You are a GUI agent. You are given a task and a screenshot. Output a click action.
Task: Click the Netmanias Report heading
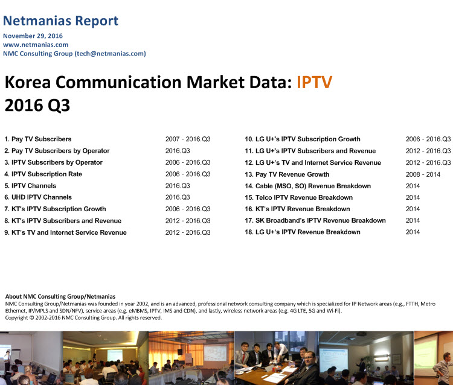coord(60,21)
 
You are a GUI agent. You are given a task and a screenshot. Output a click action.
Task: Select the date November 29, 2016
coord(33,36)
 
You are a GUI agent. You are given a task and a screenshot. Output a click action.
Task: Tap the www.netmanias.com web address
coord(36,45)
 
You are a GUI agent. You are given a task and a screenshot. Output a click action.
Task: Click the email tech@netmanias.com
coord(111,54)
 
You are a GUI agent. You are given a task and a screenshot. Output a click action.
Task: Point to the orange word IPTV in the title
coord(314,82)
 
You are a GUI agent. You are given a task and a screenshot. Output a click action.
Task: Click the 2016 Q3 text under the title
coord(37,105)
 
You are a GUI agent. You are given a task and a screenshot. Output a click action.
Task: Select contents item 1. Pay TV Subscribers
coord(38,139)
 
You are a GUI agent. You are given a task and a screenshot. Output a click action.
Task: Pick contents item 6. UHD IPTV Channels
coord(38,197)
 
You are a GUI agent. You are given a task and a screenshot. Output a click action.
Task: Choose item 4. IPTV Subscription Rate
coord(43,174)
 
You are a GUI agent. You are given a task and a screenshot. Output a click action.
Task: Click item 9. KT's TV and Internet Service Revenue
coord(65,232)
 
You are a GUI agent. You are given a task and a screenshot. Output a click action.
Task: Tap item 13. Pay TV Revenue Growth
coord(287,174)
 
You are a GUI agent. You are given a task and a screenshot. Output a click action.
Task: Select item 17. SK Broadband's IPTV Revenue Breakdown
coord(315,220)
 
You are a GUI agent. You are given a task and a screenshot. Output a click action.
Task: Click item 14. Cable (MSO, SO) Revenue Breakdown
coord(307,186)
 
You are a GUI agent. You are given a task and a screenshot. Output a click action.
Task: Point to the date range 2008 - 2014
coord(423,174)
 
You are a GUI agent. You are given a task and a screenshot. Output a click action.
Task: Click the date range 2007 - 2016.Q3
coord(188,139)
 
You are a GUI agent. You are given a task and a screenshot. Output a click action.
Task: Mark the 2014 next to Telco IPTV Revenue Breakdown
coord(413,197)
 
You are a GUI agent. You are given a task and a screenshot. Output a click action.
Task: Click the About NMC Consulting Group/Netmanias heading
coord(60,296)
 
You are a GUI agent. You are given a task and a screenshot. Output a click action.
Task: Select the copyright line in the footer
coord(83,318)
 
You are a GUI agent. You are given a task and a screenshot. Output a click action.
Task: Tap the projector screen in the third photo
coord(215,352)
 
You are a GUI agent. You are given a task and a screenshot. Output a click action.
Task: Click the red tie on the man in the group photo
coord(243,357)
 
